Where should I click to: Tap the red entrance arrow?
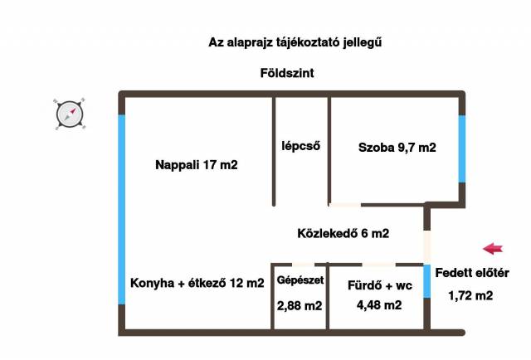coord(494,247)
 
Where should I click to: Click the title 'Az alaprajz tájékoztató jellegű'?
coord(289,41)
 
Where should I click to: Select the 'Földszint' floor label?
coord(286,74)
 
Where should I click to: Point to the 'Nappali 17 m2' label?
coord(197,165)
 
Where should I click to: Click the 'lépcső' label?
coord(300,146)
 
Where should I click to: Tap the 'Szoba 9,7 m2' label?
coord(397,148)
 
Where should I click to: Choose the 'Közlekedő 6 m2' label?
coord(343,233)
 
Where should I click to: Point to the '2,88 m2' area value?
coord(300,305)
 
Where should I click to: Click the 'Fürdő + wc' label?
coord(379,285)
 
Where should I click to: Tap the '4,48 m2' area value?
coord(379,305)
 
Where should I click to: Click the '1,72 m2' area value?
coord(470,294)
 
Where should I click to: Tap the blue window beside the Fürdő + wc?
coord(428,281)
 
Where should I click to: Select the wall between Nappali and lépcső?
coord(273,149)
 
